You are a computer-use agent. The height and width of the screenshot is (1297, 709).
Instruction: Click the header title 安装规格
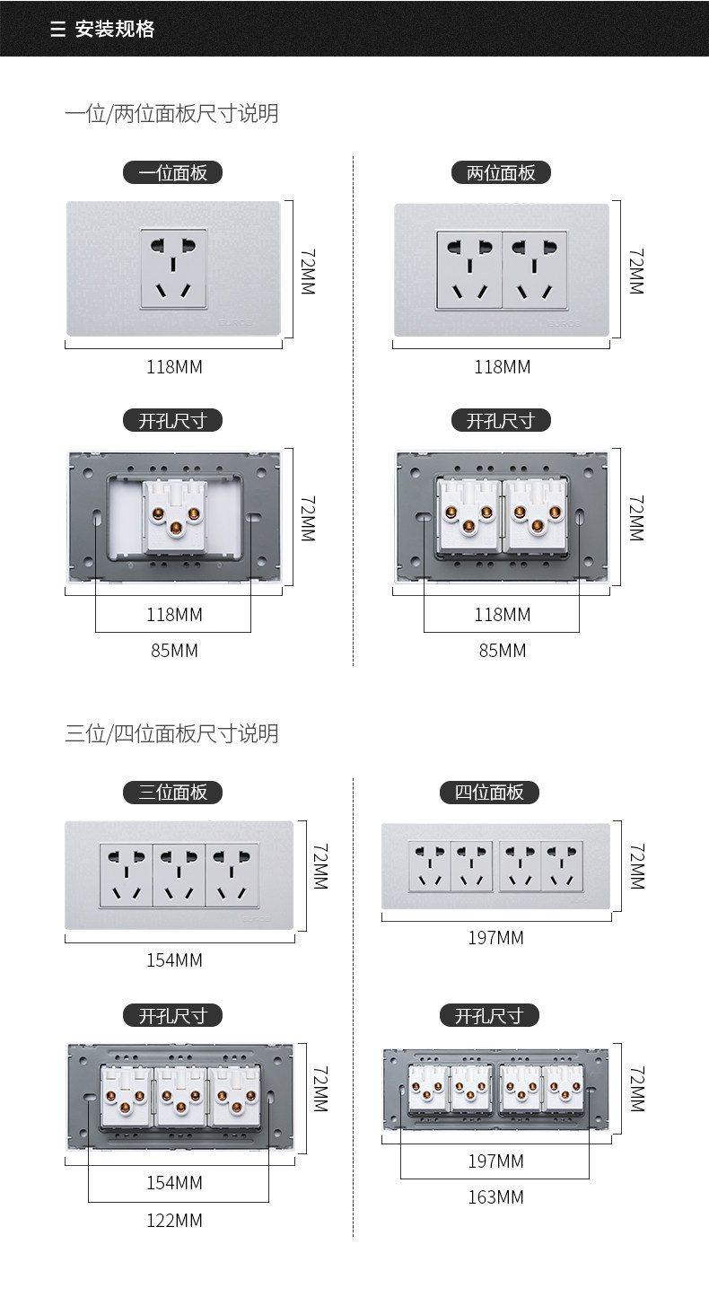point(115,29)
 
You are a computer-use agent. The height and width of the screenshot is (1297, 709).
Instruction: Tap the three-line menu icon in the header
point(58,30)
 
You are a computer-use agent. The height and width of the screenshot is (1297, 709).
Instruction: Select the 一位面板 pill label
point(172,172)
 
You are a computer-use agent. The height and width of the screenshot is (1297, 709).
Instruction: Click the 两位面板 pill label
point(501,172)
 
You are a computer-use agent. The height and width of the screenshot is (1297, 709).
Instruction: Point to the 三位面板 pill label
point(172,792)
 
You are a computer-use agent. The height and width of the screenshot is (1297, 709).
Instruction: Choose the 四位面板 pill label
point(489,792)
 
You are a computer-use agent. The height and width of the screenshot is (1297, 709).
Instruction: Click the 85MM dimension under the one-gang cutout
point(174,651)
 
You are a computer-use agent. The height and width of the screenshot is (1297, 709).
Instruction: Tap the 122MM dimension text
point(174,1221)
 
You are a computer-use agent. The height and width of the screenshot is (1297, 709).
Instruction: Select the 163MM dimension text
point(495,1197)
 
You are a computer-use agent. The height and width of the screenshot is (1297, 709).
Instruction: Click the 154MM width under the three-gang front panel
point(174,960)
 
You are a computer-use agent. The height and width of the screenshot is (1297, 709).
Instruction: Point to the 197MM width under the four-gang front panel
point(495,938)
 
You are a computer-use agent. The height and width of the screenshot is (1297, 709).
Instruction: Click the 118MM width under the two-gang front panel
point(503,367)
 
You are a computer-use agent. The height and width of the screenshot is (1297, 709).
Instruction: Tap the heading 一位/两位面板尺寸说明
point(171,114)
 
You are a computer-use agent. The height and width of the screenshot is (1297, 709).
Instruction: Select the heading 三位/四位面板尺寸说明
point(171,734)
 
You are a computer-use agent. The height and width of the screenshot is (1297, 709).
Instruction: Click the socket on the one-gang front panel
point(174,268)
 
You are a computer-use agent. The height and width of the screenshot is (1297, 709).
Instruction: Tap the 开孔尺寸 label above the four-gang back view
point(489,1015)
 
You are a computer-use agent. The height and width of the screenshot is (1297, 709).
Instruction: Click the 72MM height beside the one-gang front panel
point(307,272)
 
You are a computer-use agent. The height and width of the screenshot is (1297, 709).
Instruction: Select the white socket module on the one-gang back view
point(176,515)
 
